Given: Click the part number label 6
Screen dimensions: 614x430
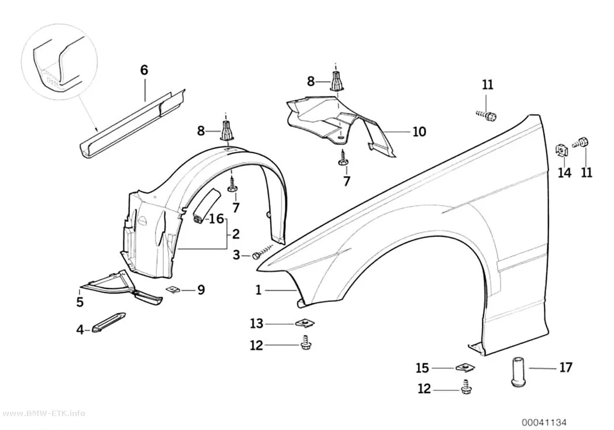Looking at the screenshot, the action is pyautogui.click(x=144, y=70).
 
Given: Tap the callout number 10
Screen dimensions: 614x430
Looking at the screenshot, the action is pyautogui.click(x=419, y=132).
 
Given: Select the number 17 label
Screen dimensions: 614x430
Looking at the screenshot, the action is pyautogui.click(x=566, y=367).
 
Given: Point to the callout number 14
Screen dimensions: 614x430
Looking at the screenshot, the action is pyautogui.click(x=564, y=173).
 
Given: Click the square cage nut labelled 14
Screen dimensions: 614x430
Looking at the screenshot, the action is pyautogui.click(x=561, y=150).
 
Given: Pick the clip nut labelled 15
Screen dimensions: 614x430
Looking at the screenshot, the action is pyautogui.click(x=465, y=367).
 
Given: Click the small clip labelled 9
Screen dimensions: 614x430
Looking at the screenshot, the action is pyautogui.click(x=173, y=289).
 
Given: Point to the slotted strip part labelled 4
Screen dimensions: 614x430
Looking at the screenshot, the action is pyautogui.click(x=109, y=322).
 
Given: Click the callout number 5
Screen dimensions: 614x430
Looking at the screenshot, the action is pyautogui.click(x=80, y=302).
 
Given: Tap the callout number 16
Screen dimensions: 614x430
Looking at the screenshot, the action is pyautogui.click(x=216, y=219).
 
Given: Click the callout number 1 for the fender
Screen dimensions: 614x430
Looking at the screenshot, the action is pyautogui.click(x=258, y=290).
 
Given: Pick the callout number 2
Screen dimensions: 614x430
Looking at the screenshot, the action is pyautogui.click(x=236, y=234).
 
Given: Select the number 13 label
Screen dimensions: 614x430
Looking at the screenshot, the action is pyautogui.click(x=257, y=324).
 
